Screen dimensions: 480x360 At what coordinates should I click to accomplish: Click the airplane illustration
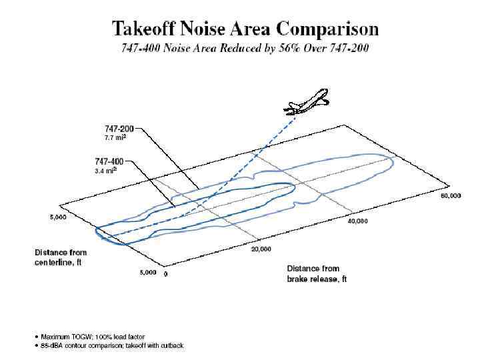tap(306, 101)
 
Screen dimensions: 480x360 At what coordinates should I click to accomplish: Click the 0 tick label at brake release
tap(165, 273)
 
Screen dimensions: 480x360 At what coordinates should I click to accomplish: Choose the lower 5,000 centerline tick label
tap(147, 273)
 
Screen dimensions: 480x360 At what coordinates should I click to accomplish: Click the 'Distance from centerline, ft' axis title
tap(61, 257)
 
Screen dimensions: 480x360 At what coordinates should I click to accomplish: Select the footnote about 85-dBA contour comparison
tap(110, 345)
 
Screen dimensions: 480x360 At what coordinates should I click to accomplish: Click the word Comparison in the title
tap(328, 29)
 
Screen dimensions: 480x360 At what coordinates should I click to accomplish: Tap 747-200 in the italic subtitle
tap(347, 48)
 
